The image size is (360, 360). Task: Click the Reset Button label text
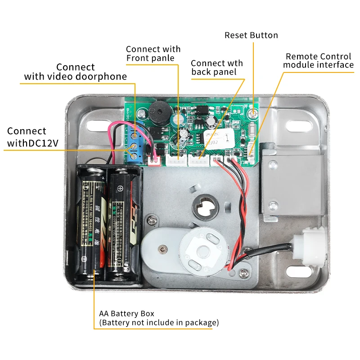(251, 36)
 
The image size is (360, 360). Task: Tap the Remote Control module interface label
(318, 61)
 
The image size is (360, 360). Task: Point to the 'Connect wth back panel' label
(216, 67)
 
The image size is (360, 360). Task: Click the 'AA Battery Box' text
(126, 314)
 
